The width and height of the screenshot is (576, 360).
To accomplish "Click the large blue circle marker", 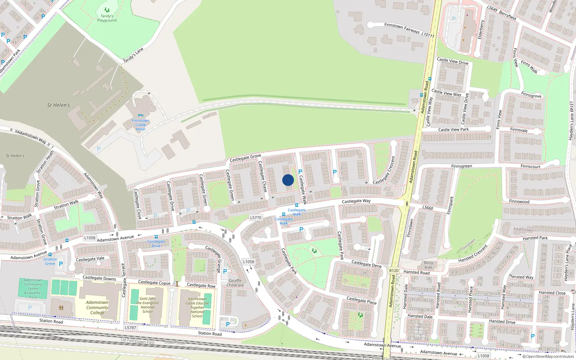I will click(x=288, y=180).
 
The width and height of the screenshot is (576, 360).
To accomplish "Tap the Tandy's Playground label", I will click(x=107, y=18).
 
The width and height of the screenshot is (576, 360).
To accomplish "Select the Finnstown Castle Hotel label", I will click(x=140, y=125).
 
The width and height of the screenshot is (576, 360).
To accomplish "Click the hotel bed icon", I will click(x=140, y=116).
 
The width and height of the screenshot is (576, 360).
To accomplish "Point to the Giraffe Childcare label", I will click(x=235, y=283).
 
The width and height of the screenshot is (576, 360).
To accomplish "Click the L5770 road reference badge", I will click(x=256, y=218).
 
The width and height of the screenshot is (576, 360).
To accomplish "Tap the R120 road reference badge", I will click(x=394, y=271).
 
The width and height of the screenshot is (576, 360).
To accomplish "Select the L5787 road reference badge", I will click(x=130, y=328).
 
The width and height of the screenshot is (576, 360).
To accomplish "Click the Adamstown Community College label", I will click(x=97, y=307).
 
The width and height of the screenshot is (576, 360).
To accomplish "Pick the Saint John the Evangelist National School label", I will click(x=148, y=305).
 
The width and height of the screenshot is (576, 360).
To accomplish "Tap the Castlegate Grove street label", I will click(x=245, y=158).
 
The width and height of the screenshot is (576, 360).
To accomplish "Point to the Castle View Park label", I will click(x=453, y=130).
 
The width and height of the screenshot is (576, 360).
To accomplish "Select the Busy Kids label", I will click(x=428, y=265).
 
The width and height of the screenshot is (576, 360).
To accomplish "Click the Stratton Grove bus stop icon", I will click(x=50, y=255).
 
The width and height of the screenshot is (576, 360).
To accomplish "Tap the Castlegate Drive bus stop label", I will click(x=156, y=244).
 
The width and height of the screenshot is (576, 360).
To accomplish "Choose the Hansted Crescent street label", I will click(x=473, y=254).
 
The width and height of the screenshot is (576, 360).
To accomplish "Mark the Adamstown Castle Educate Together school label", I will click(x=197, y=307).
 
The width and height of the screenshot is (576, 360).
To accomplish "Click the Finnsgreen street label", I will click(x=462, y=166).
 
